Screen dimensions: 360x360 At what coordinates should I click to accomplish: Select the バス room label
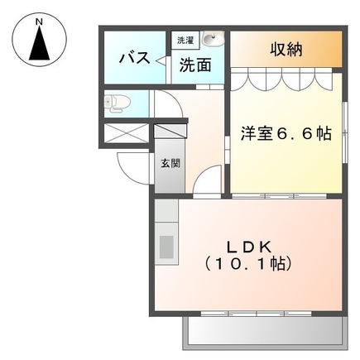[133, 57]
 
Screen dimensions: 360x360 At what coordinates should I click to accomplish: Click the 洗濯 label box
[183, 39]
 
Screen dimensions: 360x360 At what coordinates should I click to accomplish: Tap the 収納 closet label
[285, 49]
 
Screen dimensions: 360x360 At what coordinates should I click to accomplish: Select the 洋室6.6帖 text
[286, 132]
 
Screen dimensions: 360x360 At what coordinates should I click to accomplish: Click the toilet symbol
[115, 103]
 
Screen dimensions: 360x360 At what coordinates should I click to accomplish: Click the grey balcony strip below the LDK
[263, 334]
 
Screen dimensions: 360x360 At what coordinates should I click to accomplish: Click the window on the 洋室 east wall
[342, 132]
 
